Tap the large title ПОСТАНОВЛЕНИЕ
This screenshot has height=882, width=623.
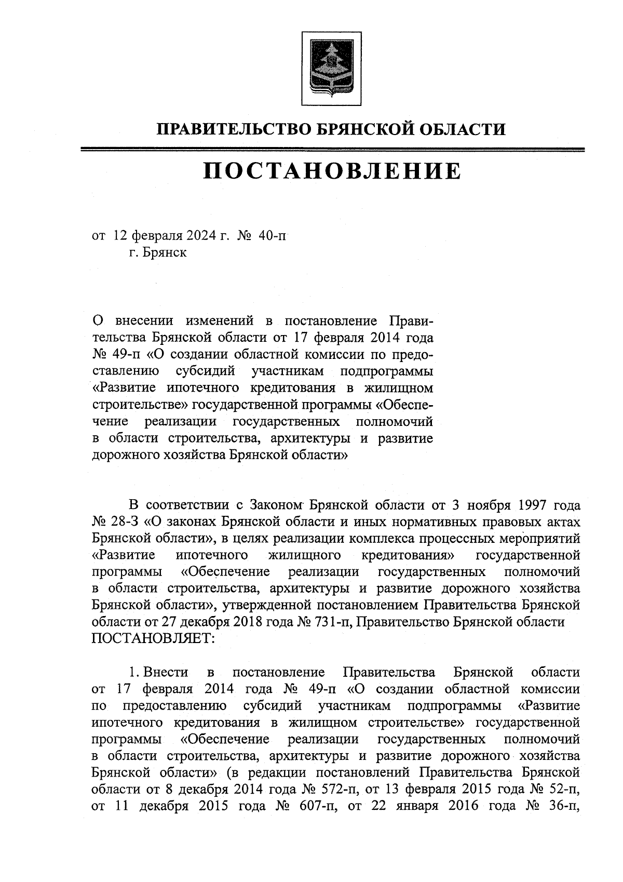332,170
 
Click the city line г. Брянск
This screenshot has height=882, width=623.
158,253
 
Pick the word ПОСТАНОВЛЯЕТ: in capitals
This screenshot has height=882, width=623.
153,638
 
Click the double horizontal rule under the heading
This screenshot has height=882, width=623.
332,150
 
